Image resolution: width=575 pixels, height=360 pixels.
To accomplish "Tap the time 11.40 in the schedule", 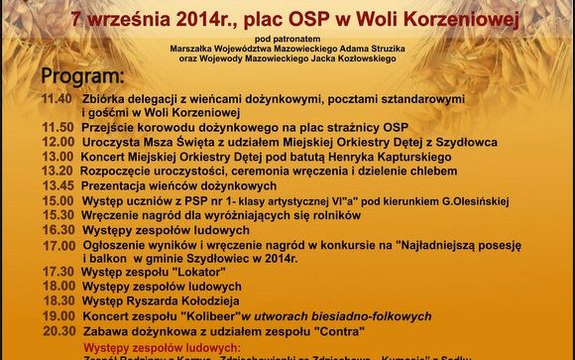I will point(57,100).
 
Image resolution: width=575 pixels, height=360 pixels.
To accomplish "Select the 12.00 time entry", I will point(57,143).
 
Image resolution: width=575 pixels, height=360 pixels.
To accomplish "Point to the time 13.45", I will point(57,185).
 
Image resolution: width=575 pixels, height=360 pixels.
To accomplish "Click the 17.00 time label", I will point(57,244).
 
